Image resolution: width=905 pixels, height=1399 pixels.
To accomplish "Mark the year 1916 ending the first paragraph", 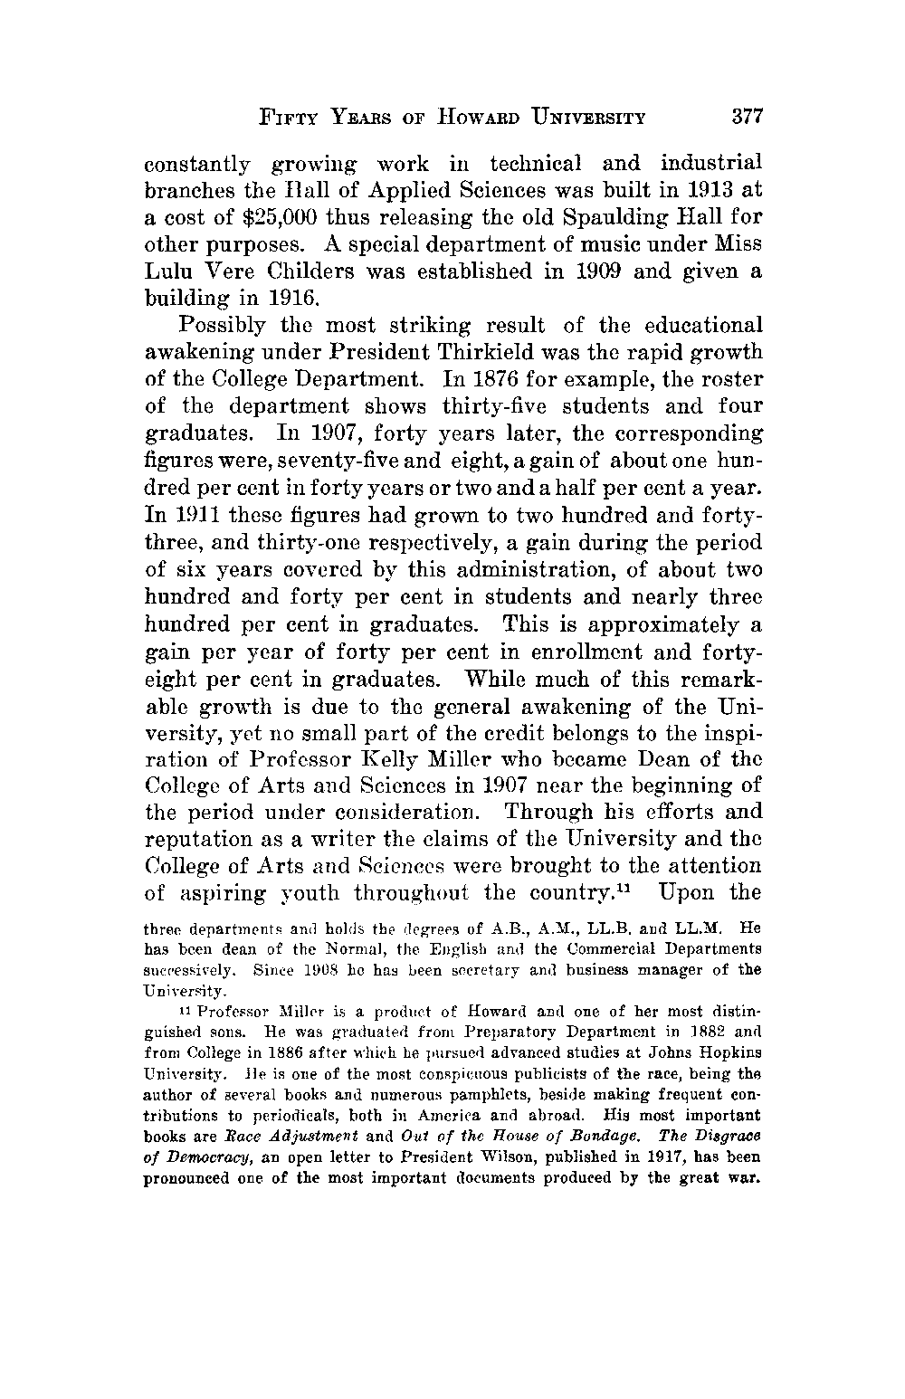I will pyautogui.click(x=287, y=299).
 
